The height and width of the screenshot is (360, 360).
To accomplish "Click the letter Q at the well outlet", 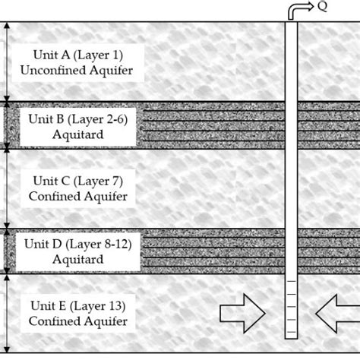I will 322,7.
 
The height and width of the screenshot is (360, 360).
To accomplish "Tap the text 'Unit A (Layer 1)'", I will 77,55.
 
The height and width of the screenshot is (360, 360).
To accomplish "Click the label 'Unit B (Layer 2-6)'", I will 77,118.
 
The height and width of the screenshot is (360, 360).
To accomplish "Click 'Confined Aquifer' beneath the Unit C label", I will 77,196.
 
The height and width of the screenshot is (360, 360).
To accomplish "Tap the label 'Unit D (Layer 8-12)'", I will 77,245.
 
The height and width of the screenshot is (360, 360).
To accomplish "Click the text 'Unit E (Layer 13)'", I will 77,307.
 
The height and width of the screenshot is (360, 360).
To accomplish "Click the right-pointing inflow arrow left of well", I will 242,312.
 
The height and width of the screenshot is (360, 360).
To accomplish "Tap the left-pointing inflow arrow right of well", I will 336,312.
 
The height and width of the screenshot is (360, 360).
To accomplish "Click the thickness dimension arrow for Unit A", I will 7,61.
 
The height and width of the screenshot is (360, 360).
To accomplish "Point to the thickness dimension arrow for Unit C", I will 7,187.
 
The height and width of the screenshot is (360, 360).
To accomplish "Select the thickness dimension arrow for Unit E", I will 7,313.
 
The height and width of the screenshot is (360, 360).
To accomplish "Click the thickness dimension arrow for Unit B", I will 7,124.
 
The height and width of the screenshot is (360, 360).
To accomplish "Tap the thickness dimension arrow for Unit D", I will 7,250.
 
